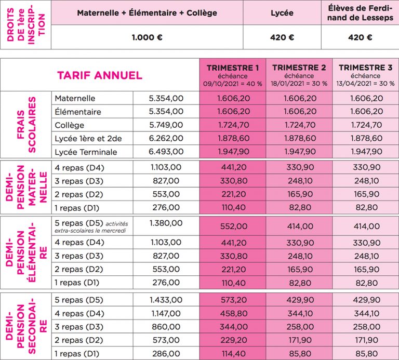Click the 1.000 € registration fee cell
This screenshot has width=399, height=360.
tap(147, 37)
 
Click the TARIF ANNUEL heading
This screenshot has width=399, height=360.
tap(99, 75)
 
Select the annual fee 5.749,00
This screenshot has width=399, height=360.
tap(166, 125)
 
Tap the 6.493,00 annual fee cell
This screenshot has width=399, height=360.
tap(166, 152)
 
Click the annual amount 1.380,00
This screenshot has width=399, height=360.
tap(166, 223)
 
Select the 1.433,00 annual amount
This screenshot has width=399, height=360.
tap(166, 300)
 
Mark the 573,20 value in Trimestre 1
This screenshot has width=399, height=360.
tap(233, 300)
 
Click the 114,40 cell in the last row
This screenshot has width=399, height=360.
tap(233, 353)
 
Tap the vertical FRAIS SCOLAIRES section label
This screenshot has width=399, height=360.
tap(26, 125)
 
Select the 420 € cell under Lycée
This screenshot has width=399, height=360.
tap(283, 37)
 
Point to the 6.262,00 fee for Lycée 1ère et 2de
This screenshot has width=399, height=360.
tap(166, 138)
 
